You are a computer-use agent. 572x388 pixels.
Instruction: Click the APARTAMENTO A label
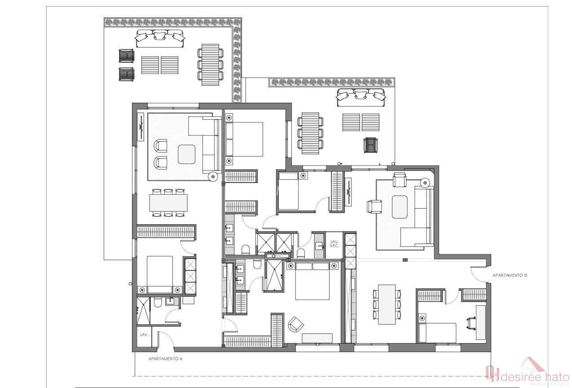[165, 358]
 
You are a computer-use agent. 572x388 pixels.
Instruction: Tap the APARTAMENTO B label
[510, 275]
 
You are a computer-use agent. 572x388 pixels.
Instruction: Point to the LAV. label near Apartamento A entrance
[144, 335]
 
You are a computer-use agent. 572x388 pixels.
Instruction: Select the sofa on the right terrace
[361, 97]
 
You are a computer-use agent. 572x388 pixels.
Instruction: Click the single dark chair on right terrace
[370, 145]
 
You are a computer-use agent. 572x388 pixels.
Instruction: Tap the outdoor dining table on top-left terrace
[210, 64]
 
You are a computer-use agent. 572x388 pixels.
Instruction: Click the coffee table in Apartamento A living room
[187, 155]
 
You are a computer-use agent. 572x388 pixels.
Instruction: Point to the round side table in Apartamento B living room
[425, 183]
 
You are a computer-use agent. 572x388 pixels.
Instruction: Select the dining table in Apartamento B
[387, 304]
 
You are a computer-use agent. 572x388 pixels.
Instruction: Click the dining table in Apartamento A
[168, 202]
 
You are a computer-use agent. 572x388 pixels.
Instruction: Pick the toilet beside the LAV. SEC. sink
[301, 253]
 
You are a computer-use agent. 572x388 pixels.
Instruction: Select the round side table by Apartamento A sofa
[213, 177]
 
